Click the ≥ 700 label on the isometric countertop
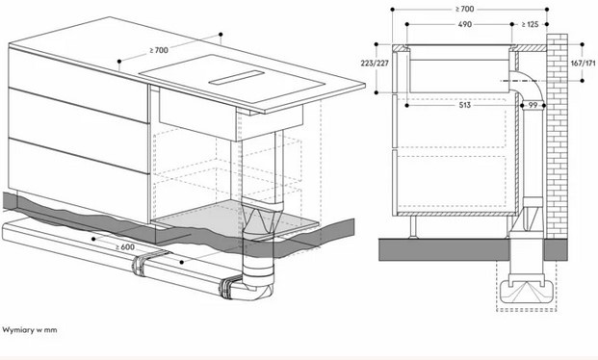(159, 50)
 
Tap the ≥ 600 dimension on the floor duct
(125, 246)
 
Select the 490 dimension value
(464, 24)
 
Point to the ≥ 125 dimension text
(530, 24)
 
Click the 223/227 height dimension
(375, 63)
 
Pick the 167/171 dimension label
(583, 63)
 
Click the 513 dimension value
(464, 105)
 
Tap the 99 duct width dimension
(533, 105)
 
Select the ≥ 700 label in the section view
(464, 9)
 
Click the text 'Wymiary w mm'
(30, 330)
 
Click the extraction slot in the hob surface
(237, 77)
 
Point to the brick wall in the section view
(557, 136)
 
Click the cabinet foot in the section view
(413, 227)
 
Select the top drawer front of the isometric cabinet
(78, 85)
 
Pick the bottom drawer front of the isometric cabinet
(78, 180)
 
